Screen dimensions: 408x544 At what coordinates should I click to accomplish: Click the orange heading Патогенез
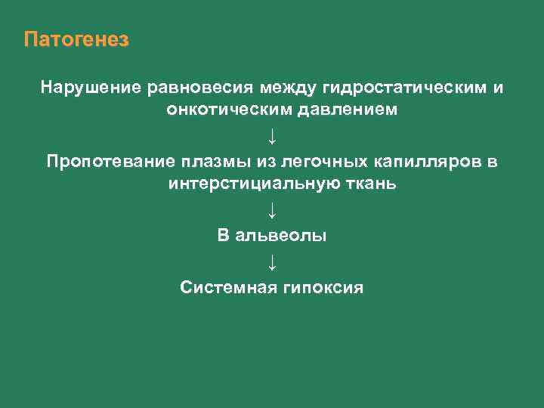[76, 40]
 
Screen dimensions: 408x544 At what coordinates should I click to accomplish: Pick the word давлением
[345, 110]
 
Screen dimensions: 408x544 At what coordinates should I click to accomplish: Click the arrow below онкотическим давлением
[272, 136]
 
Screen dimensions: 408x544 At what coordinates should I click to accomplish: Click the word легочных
[314, 162]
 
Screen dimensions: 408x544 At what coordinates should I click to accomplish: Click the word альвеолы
[283, 236]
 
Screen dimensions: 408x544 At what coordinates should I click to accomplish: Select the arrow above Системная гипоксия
[272, 262]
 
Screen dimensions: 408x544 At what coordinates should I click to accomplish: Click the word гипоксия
[324, 288]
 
